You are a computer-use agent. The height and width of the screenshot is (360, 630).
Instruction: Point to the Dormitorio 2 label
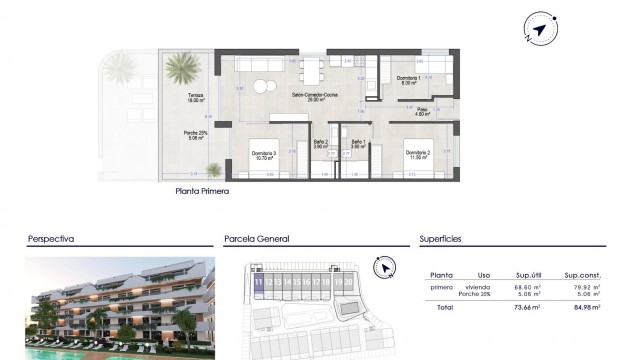(x=417, y=153)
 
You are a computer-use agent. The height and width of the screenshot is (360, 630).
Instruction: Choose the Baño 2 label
(x=319, y=144)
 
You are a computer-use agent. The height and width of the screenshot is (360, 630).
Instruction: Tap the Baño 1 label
(x=358, y=144)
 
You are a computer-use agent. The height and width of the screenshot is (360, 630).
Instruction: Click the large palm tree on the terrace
(x=181, y=70)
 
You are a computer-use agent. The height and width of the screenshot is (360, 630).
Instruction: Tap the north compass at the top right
(x=540, y=31)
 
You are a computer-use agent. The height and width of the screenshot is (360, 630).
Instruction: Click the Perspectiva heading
(x=52, y=240)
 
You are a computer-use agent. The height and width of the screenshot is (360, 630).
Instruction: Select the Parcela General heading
(x=257, y=240)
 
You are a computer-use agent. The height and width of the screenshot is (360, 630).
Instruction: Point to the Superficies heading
(x=441, y=240)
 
